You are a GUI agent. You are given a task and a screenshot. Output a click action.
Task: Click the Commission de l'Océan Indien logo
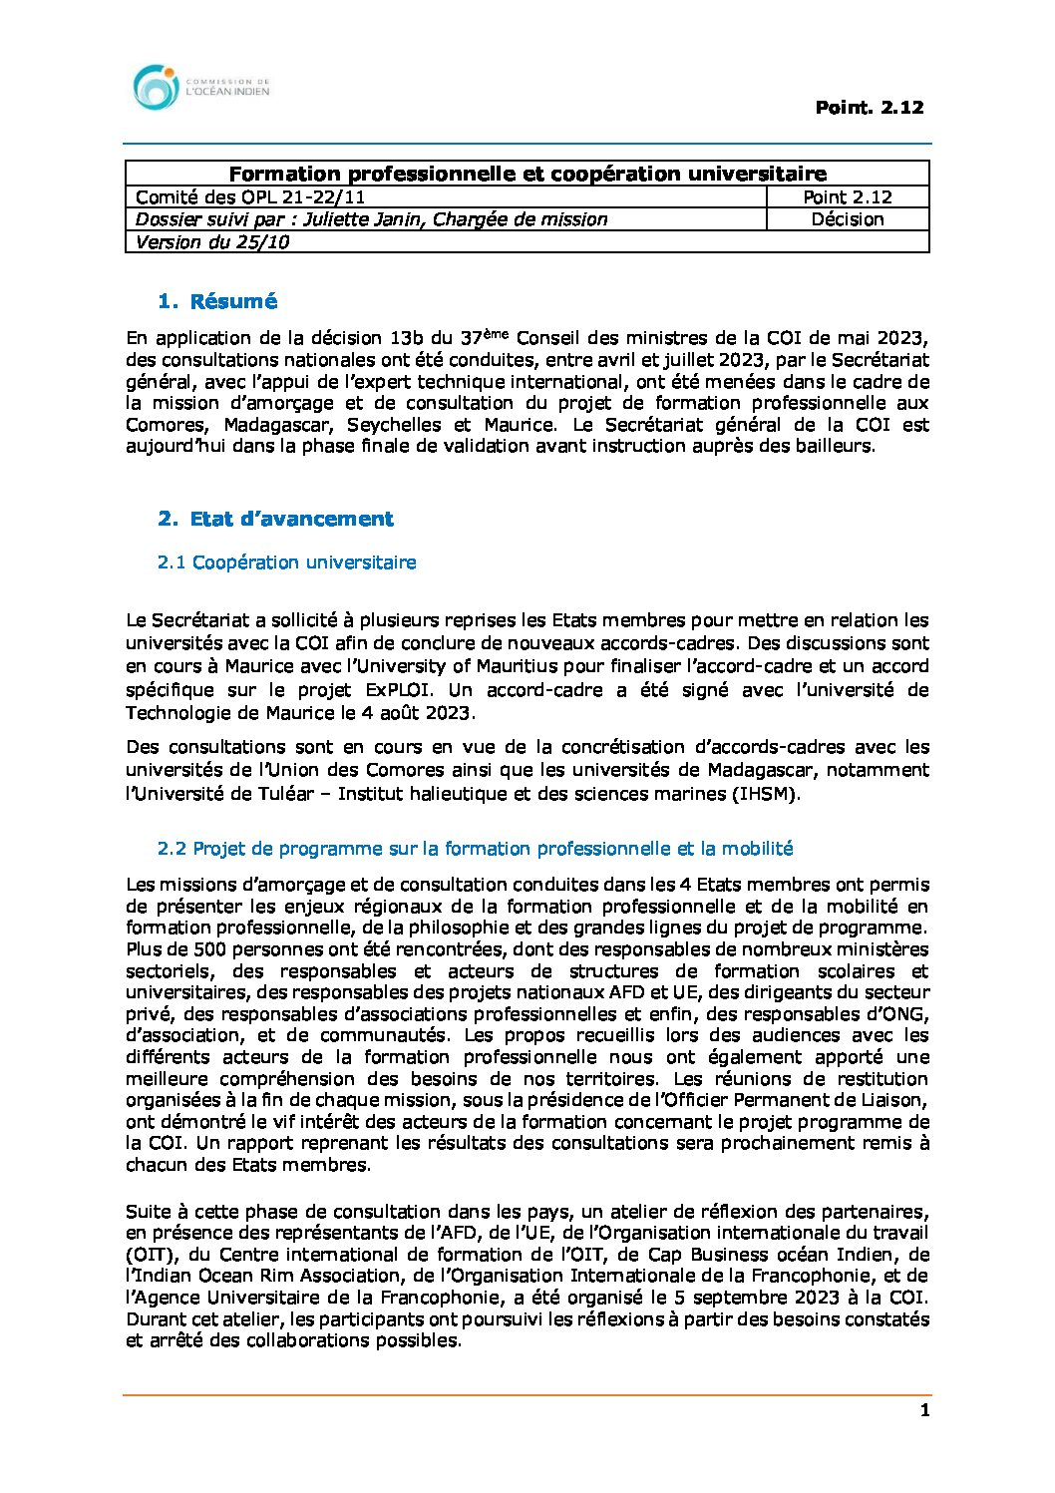(x=199, y=88)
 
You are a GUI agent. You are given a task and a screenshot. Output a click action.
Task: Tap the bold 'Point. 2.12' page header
(x=869, y=108)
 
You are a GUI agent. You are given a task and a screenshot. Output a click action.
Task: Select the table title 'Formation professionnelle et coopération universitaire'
(x=527, y=175)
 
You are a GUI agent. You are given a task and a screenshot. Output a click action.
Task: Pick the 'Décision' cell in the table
(x=848, y=219)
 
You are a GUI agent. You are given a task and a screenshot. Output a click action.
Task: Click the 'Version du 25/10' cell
(x=212, y=242)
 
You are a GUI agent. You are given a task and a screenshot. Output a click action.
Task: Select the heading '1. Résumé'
(x=217, y=301)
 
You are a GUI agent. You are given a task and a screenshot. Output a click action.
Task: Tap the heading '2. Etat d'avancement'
(x=275, y=519)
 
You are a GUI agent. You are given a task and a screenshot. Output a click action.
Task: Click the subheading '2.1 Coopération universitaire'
(x=286, y=562)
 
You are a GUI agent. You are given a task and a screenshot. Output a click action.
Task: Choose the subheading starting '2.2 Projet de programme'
(x=475, y=849)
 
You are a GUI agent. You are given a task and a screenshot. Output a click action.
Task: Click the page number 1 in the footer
(x=924, y=1410)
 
